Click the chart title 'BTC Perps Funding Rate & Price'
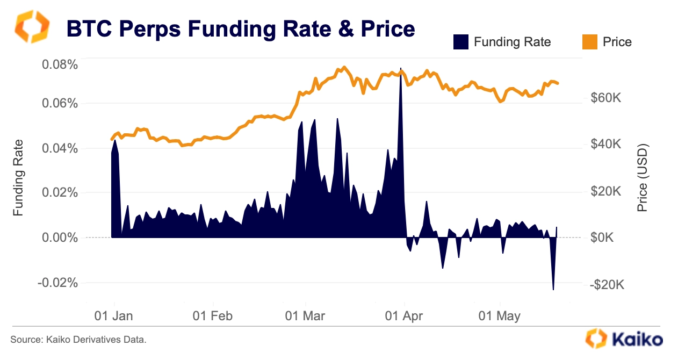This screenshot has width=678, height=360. (240, 28)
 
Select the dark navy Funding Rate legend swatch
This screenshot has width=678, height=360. (460, 41)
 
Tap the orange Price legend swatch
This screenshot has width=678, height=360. (589, 41)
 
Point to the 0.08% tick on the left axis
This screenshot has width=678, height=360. (60, 64)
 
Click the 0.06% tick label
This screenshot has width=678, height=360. (60, 103)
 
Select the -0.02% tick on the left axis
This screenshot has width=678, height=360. (58, 283)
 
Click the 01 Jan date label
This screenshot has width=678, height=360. (113, 316)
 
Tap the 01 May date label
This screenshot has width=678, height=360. (499, 316)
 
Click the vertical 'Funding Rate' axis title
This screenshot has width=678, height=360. (19, 177)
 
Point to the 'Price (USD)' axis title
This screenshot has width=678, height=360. (643, 177)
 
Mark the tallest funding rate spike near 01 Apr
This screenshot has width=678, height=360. (401, 70)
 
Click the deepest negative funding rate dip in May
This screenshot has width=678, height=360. (553, 289)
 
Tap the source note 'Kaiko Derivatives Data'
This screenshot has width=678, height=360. (78, 340)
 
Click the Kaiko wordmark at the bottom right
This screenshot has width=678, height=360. (637, 339)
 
